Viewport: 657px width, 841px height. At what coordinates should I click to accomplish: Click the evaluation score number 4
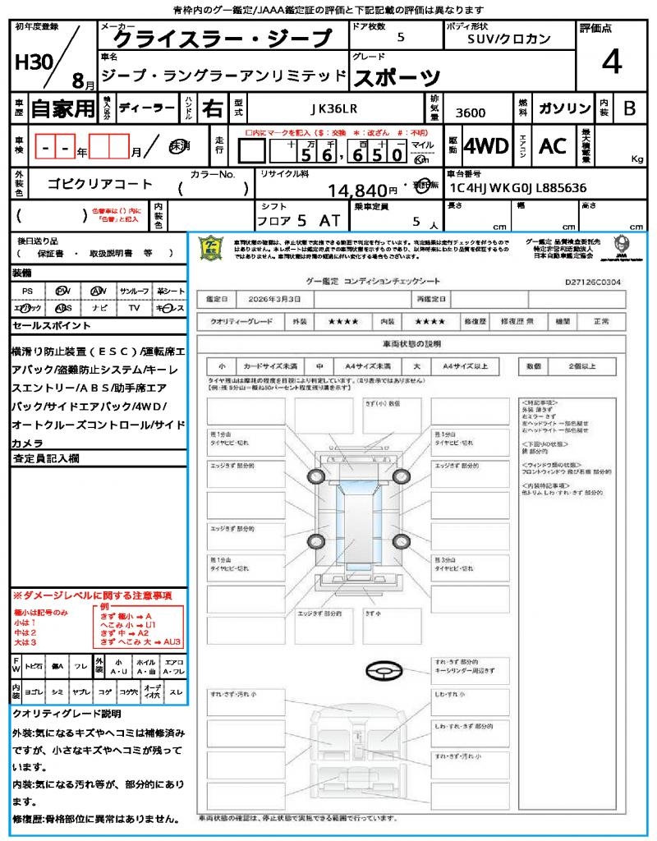(x=611, y=62)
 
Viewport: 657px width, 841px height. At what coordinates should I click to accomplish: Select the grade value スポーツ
(x=397, y=78)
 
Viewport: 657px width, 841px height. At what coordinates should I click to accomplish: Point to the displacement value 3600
(x=470, y=113)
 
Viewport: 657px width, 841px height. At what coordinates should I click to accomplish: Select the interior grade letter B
(x=629, y=108)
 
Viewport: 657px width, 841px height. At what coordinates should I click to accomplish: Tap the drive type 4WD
(x=485, y=146)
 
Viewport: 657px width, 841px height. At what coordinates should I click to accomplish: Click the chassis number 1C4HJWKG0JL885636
(x=517, y=188)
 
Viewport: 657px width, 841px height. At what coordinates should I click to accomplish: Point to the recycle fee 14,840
(x=357, y=191)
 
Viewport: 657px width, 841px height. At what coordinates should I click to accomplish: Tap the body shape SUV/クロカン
(x=509, y=39)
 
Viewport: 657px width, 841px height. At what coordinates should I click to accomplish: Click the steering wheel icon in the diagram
(x=383, y=673)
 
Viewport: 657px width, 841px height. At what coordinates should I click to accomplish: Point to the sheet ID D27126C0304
(x=593, y=282)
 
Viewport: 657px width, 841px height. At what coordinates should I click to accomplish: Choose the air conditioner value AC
(x=553, y=146)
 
